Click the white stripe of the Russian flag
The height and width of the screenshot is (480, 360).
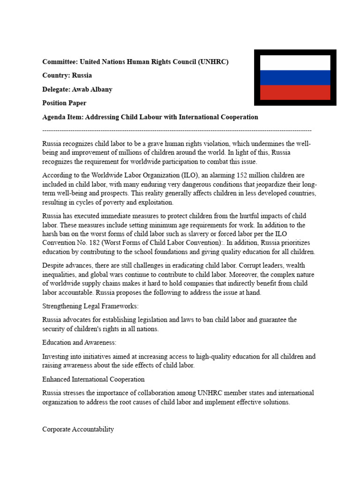click(x=295, y=63)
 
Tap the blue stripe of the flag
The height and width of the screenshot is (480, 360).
click(x=295, y=77)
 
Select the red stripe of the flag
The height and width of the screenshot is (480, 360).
click(x=295, y=92)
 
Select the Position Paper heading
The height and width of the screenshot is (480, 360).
click(x=64, y=103)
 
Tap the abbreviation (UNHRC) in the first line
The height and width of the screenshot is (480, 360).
click(x=213, y=62)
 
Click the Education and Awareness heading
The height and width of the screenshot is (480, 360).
click(x=79, y=342)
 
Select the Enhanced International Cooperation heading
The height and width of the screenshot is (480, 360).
click(x=93, y=379)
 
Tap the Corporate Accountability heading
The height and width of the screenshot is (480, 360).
click(x=78, y=429)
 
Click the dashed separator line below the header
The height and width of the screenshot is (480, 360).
click(x=177, y=130)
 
